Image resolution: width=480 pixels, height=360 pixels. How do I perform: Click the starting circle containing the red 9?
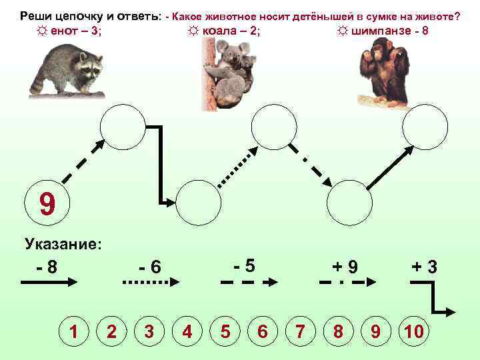(46, 205)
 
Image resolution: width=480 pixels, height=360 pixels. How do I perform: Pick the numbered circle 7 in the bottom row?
(301, 331)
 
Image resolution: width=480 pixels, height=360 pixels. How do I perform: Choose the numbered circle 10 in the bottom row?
(413, 331)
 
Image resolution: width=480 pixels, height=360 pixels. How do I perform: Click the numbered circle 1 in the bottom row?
(75, 331)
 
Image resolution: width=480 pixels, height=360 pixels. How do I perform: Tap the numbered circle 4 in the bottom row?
(187, 331)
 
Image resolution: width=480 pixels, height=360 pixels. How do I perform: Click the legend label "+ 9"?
(345, 267)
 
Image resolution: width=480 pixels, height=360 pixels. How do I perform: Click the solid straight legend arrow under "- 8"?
(51, 283)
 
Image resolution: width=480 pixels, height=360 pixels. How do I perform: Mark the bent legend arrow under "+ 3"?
(433, 297)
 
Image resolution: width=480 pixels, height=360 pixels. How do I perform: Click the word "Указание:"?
(63, 244)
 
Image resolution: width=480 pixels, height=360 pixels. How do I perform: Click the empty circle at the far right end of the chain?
(426, 127)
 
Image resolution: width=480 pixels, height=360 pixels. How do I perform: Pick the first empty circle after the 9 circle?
(122, 127)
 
